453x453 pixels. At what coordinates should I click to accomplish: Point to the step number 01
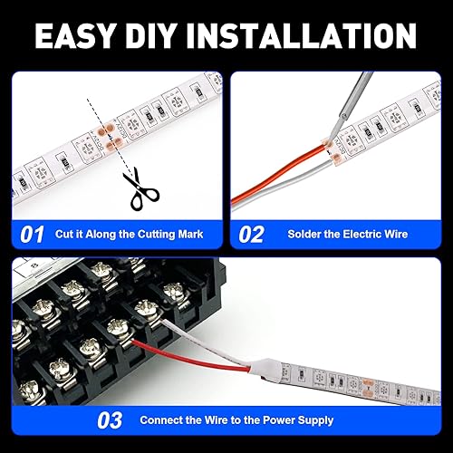32,235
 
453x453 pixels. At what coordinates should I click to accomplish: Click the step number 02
251,235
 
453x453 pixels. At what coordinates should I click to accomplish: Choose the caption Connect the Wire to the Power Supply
236,420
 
